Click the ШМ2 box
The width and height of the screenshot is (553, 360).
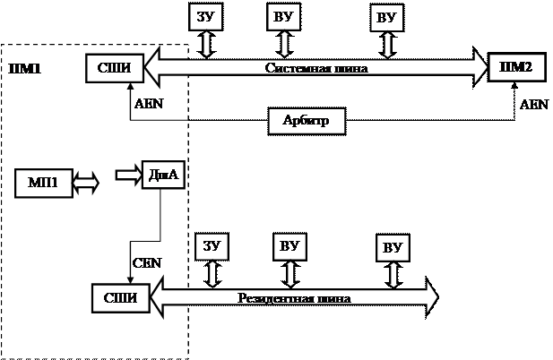(515, 67)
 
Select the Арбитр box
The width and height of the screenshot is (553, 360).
(307, 121)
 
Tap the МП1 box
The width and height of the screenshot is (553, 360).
(43, 183)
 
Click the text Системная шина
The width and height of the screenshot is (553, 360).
(316, 67)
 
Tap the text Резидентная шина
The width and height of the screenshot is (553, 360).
(293, 298)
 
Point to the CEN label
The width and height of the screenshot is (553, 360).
(146, 263)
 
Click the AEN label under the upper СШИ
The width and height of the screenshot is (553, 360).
(148, 104)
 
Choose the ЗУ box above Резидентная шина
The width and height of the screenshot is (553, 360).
(212, 245)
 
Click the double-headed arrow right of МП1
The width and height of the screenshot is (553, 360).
(86, 184)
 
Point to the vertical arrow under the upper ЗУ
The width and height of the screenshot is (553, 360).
(207, 42)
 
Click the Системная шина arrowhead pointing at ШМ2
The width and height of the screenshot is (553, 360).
(474, 66)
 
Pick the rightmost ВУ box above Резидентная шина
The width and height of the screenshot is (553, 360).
(393, 247)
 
